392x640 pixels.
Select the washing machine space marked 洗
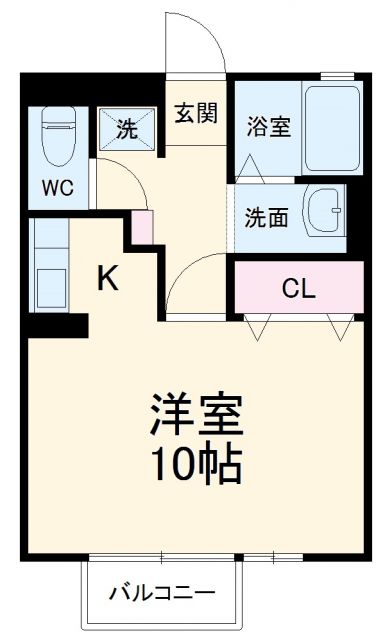(126, 129)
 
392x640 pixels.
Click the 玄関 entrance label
(196, 112)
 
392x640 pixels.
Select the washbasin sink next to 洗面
(325, 211)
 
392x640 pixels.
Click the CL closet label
(298, 289)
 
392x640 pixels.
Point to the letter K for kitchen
(108, 279)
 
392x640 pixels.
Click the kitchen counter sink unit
(48, 265)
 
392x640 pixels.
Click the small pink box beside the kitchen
(143, 228)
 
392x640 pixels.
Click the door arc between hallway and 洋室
(190, 280)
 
